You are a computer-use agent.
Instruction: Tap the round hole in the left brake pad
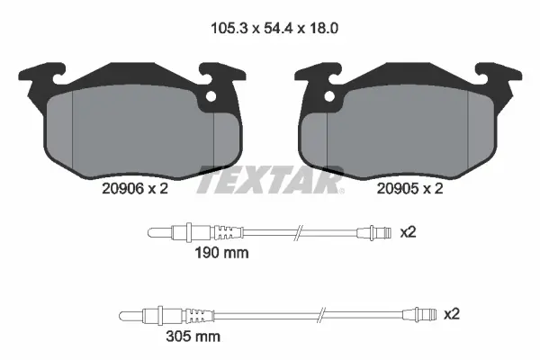click(x=212, y=97)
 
